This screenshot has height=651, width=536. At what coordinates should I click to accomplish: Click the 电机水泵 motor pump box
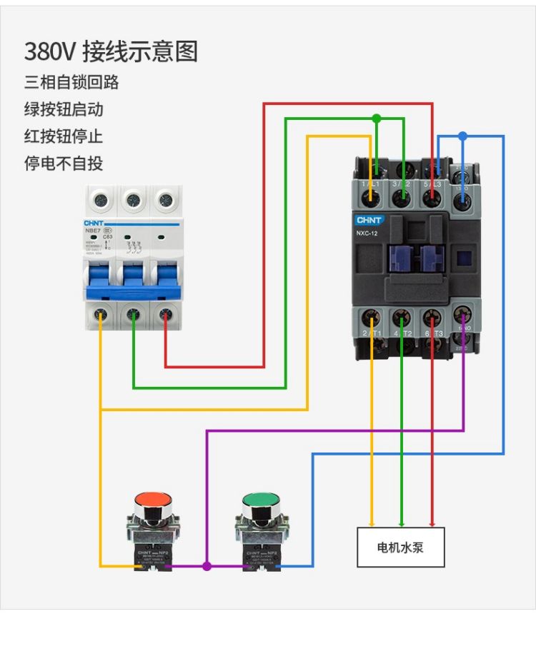coord(400,547)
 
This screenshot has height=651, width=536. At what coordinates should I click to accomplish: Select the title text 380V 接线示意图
coord(111,51)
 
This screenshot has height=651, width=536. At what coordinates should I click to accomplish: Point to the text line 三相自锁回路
coord(71,82)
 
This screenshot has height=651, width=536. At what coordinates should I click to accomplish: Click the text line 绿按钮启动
coord(64,109)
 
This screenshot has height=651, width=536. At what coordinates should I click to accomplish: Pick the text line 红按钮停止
coord(64,136)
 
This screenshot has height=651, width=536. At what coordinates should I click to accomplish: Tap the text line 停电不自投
coord(64,163)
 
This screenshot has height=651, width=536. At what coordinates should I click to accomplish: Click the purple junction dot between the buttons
coord(207,566)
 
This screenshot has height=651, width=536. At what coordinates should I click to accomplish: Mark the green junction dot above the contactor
coord(377,118)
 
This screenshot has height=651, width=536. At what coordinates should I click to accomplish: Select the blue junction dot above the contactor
coord(462,135)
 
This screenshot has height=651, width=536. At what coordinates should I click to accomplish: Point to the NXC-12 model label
coord(368,233)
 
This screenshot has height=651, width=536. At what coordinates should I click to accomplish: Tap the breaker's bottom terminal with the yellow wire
coord(100,313)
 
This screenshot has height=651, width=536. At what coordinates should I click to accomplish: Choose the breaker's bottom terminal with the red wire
coord(165,313)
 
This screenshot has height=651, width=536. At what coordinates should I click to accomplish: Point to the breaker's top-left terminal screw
coord(100,201)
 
